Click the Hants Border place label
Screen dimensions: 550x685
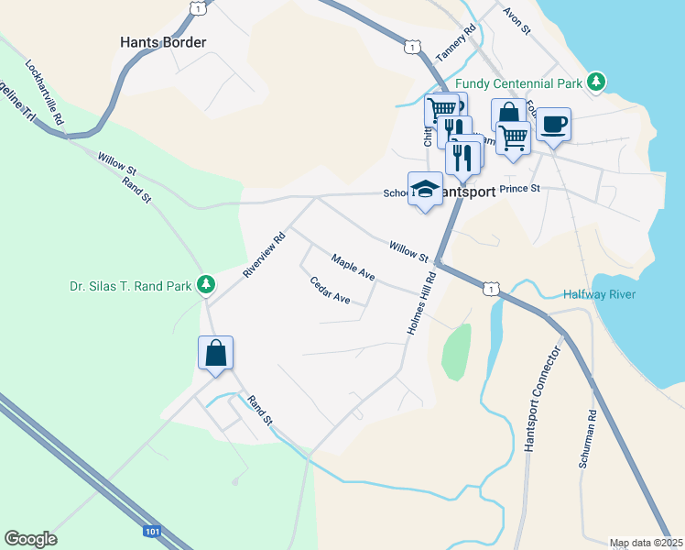[164, 42]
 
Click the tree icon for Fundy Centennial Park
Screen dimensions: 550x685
[596, 82]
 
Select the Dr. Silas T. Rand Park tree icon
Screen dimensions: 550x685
[207, 285]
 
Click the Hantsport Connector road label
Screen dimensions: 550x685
[541, 400]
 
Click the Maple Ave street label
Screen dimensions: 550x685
[353, 268]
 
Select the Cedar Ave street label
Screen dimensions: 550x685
[331, 291]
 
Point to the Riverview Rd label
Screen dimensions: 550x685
[265, 254]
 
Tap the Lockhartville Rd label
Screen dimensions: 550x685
[44, 93]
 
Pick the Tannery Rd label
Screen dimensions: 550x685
[458, 42]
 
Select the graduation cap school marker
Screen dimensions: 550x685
[424, 189]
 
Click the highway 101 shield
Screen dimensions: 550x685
[152, 531]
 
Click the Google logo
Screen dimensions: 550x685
[30, 539]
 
